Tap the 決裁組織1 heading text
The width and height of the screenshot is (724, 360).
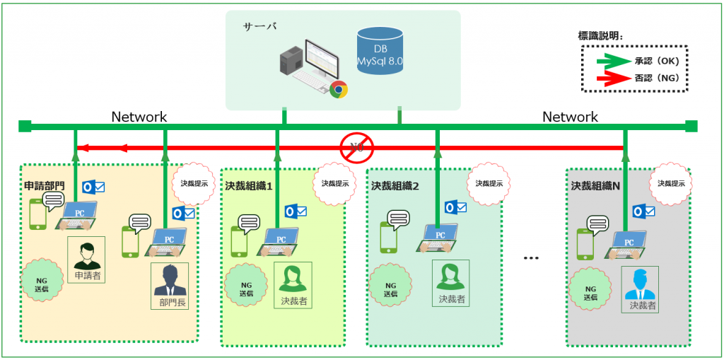pos(249,186)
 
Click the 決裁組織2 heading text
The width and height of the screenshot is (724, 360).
pos(395,186)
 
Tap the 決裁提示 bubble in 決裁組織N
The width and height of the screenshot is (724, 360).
pos(671,183)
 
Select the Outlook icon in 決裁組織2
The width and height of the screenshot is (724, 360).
pos(456,207)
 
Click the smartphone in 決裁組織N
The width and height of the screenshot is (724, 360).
pos(585,245)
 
